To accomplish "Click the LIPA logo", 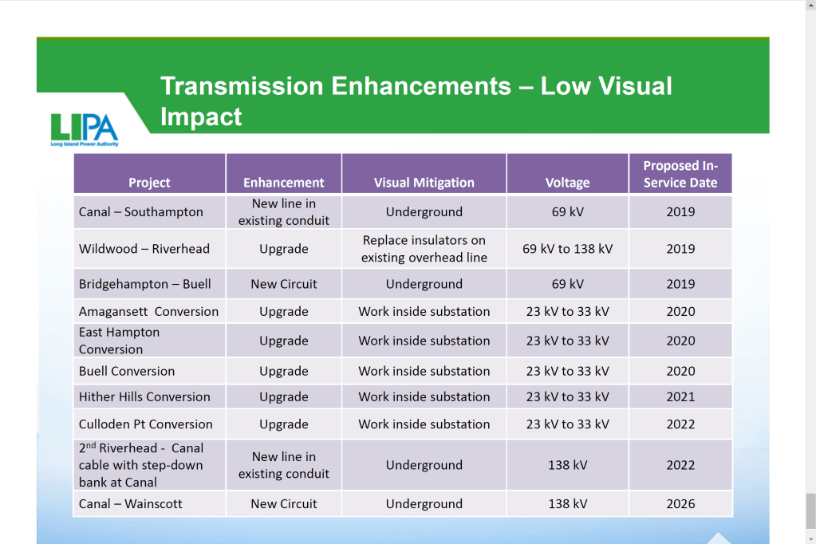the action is (85, 130).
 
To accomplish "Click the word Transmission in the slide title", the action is (242, 86).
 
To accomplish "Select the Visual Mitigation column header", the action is (424, 183).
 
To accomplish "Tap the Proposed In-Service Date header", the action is (680, 174).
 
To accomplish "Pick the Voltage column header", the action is (567, 183).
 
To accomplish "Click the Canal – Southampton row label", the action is (141, 212).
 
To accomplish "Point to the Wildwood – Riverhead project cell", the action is (144, 249).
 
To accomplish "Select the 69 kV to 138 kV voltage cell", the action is (567, 249).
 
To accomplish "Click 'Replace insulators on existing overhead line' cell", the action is (424, 249).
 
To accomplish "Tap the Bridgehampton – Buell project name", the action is (144, 284).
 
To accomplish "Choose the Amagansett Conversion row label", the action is (149, 312).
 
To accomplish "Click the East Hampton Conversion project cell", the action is (119, 341).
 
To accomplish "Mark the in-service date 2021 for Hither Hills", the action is (680, 396).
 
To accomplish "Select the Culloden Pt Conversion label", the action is (146, 424).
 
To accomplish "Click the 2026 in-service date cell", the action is (680, 504).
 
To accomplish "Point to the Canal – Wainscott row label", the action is (131, 504).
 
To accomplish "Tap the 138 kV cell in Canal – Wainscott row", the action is (567, 504).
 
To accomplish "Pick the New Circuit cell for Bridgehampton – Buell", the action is (284, 284).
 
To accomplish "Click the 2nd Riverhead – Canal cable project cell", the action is (141, 465).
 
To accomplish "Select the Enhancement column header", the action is (284, 183).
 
